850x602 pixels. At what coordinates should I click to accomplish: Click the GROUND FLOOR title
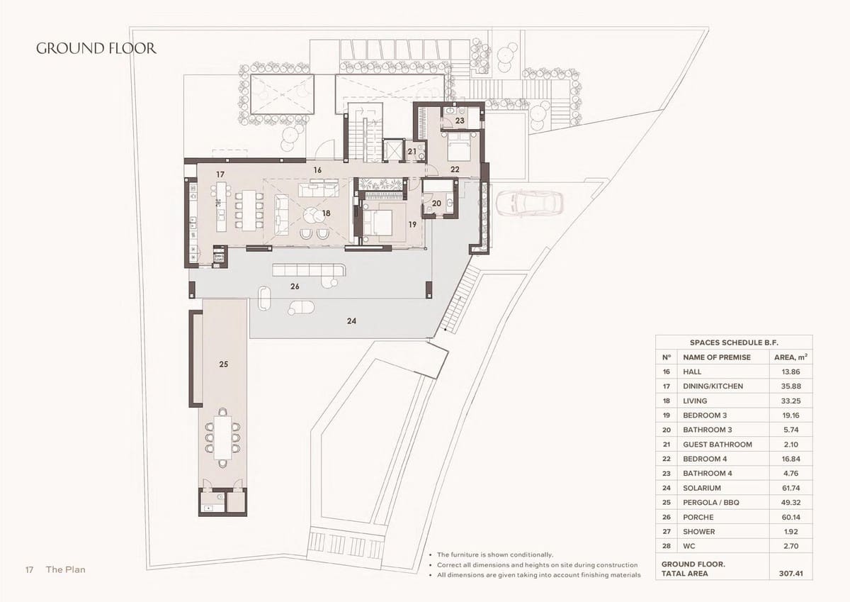(x=96, y=49)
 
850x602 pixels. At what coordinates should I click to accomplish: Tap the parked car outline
(x=529, y=204)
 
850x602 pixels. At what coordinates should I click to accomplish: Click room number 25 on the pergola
(x=223, y=364)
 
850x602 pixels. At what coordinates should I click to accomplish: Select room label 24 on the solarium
(x=351, y=321)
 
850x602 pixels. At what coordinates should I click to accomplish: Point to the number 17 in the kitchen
(x=220, y=174)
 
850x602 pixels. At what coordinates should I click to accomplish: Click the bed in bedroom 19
(x=379, y=222)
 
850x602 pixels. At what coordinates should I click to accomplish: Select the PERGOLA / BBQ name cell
(x=711, y=503)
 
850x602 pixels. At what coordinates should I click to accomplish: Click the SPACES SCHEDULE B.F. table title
(x=733, y=342)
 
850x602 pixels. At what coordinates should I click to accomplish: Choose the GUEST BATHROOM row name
(x=717, y=445)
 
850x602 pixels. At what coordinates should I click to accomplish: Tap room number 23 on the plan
(x=460, y=121)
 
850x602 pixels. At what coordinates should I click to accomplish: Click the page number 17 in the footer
(x=29, y=569)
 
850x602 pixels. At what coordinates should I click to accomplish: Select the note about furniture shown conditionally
(x=495, y=554)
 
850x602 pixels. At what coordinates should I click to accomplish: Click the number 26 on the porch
(x=295, y=287)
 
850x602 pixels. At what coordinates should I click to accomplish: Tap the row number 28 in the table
(x=666, y=546)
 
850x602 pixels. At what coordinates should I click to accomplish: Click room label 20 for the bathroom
(x=436, y=204)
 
